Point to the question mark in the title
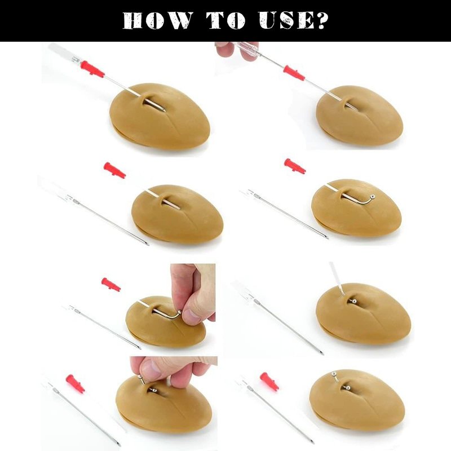321,21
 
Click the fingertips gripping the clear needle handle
236,51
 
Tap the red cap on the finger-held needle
294,73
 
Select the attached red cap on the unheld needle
92,69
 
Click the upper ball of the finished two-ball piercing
334,374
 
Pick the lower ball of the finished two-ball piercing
347,387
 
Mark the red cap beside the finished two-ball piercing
269,382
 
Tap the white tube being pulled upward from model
337,279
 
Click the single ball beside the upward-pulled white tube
355,301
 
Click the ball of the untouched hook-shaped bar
373,196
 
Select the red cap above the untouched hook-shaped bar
295,166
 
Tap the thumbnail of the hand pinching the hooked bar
191,313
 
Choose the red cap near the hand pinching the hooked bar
111,285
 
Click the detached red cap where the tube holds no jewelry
114,170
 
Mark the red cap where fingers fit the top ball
76,384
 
